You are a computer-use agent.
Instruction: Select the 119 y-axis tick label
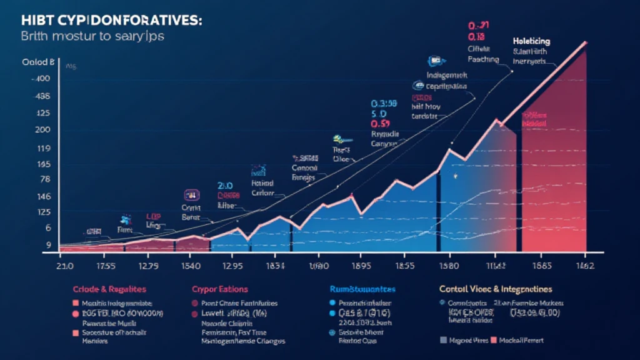(x=43, y=149)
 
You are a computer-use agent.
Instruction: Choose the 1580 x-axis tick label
(x=446, y=265)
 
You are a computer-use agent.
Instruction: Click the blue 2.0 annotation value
(x=225, y=186)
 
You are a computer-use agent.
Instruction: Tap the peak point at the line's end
(x=586, y=42)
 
